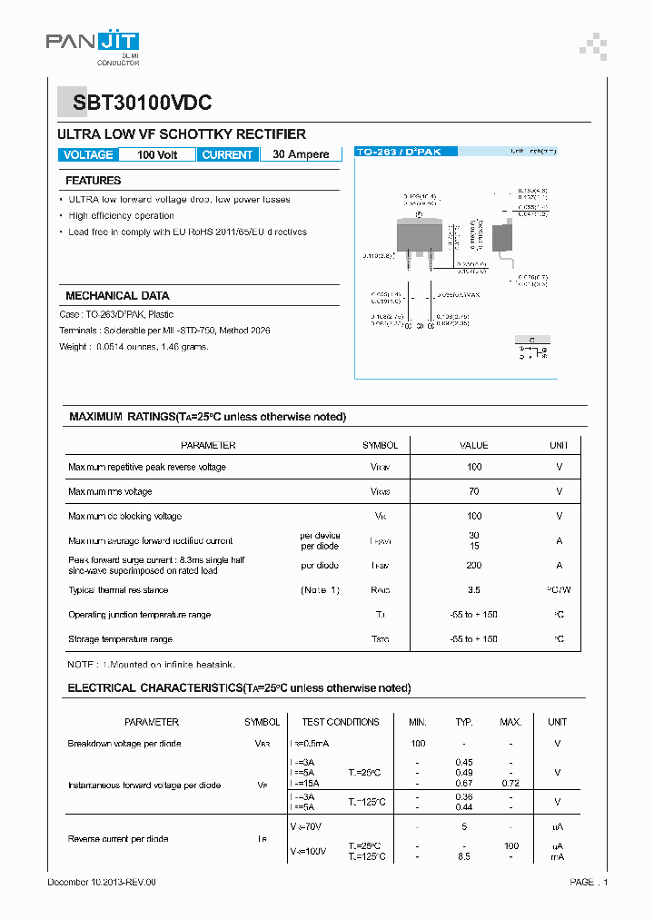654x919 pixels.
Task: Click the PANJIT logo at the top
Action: point(93,45)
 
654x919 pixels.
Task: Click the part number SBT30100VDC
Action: point(136,104)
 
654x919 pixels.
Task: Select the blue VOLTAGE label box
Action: point(88,154)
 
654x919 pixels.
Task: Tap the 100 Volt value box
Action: point(157,154)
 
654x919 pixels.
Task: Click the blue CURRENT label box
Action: point(227,154)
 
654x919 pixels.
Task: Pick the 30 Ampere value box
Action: point(301,154)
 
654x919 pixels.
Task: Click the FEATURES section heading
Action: point(93,181)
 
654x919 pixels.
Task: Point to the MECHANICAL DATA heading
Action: point(117,296)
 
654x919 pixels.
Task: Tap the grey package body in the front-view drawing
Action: point(419,235)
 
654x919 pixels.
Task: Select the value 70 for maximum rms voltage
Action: point(473,491)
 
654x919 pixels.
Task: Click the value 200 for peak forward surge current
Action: point(473,565)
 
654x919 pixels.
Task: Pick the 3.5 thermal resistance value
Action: point(473,590)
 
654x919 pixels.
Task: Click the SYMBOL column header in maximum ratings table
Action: point(380,445)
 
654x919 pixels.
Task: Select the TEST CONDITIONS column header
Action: point(341,722)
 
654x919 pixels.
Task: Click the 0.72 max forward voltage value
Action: point(510,783)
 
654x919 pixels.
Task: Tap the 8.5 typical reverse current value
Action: point(464,856)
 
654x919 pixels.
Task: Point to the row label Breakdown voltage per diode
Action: point(124,744)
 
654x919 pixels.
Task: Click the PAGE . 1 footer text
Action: point(589,882)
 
